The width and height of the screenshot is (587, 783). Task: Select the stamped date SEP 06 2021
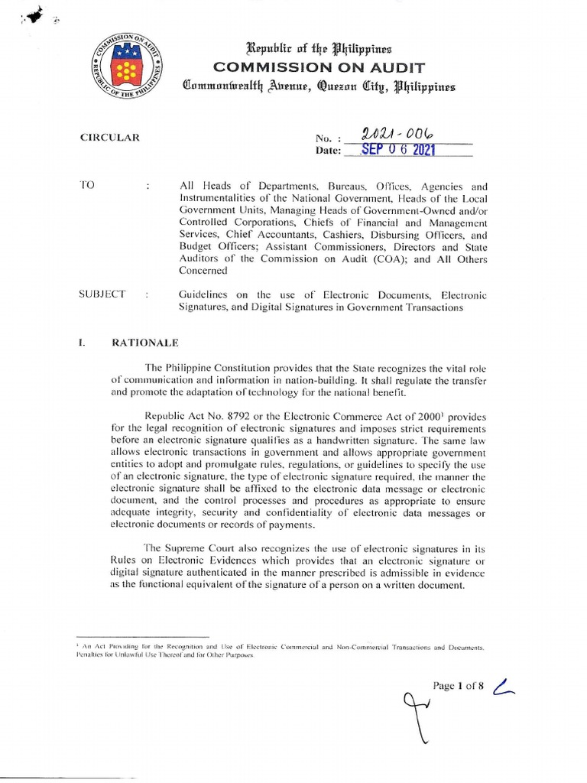tap(401, 150)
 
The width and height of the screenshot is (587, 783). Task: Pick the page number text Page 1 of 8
tap(459, 686)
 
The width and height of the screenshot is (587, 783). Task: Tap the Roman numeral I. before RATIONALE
tap(81, 342)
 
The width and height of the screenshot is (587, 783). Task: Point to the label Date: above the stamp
tap(328, 151)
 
